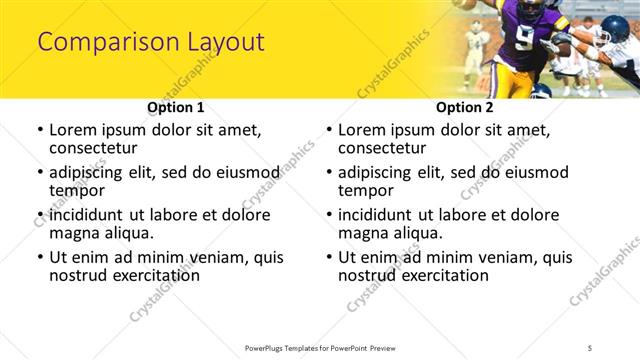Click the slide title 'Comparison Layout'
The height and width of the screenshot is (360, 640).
click(x=151, y=42)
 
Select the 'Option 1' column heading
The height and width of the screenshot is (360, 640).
click(x=175, y=107)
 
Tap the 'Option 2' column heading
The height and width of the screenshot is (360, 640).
click(x=464, y=107)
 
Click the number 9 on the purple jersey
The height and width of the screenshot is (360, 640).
click(x=524, y=38)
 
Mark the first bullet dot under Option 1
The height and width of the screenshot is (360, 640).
click(x=40, y=130)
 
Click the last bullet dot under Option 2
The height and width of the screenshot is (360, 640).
click(x=329, y=257)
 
